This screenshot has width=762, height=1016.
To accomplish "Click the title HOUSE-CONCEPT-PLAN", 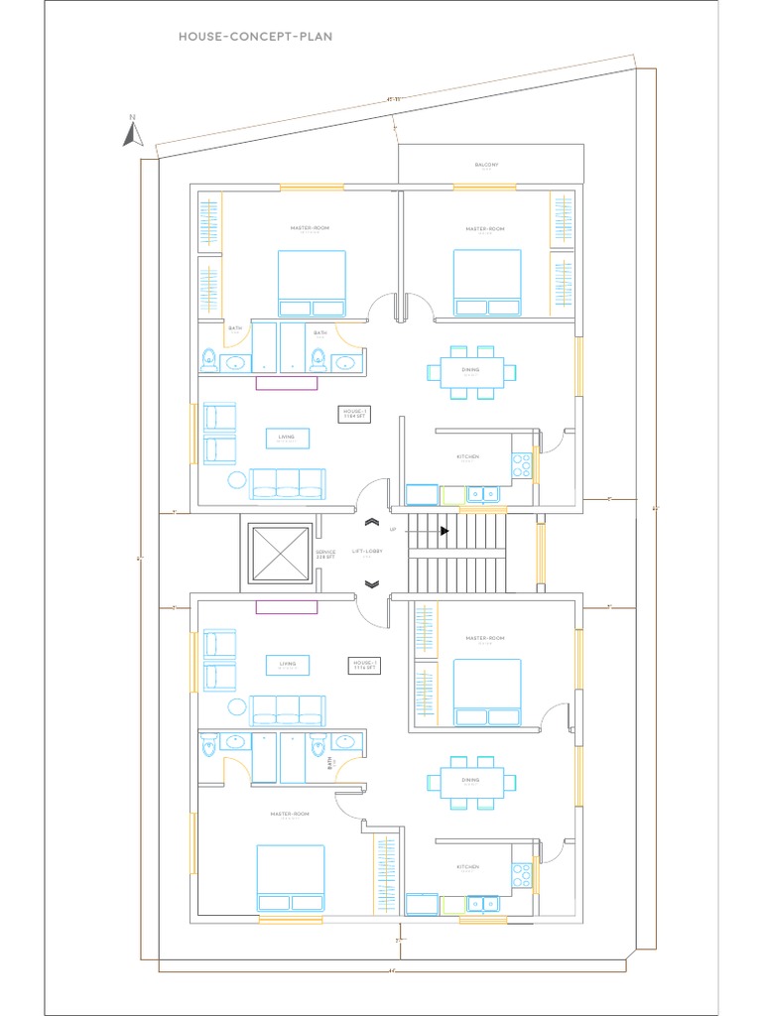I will (255, 37).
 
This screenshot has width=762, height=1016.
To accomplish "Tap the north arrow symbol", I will (133, 133).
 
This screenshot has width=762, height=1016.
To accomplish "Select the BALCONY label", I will (486, 165).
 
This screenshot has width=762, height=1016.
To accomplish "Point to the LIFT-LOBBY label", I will (368, 552).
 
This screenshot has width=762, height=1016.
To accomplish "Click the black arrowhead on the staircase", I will (444, 531).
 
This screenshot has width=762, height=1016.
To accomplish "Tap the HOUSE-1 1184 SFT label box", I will (355, 413).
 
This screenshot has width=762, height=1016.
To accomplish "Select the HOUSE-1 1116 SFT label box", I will (363, 666).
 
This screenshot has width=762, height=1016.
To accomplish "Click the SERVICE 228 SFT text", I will (325, 555).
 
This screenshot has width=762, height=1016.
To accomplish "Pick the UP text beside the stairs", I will (393, 530).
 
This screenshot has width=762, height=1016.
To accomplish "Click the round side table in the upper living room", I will (237, 480).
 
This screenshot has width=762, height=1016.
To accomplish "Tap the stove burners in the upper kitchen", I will (522, 462).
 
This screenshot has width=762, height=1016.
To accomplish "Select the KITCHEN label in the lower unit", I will (468, 867).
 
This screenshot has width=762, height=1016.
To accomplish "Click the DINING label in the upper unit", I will (470, 370).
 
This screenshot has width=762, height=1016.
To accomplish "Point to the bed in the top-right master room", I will (487, 282).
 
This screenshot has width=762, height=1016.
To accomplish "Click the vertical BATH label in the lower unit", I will (330, 762).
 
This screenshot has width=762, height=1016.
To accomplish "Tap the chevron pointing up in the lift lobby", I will (372, 522).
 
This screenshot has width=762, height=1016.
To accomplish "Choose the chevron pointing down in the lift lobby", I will (372, 584).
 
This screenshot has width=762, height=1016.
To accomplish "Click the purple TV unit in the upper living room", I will (286, 382).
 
